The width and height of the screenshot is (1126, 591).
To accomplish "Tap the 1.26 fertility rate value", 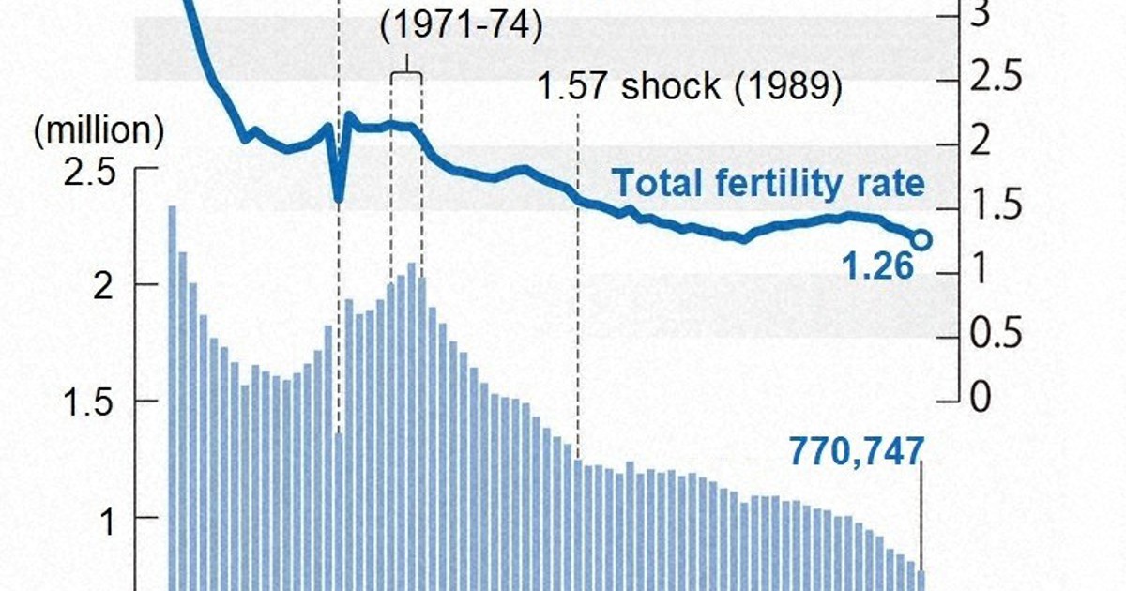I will coord(877,267).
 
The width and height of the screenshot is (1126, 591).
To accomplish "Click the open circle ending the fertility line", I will coord(921,240).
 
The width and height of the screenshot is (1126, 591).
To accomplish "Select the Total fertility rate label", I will coord(768,184).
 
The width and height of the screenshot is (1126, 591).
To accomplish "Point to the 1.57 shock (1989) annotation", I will coord(690,87).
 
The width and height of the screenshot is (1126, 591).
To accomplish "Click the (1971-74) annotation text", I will coord(462,26).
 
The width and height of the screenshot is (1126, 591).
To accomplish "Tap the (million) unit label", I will coord(99,131).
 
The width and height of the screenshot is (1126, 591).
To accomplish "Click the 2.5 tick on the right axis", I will coord(994,79).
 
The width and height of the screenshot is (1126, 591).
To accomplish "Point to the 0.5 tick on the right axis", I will coord(994,334).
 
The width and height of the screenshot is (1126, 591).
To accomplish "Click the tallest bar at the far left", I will coord(173,394).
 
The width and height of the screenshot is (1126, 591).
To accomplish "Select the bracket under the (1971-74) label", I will coord(406,75).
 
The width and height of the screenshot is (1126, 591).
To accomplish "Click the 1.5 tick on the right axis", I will coord(994,206).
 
